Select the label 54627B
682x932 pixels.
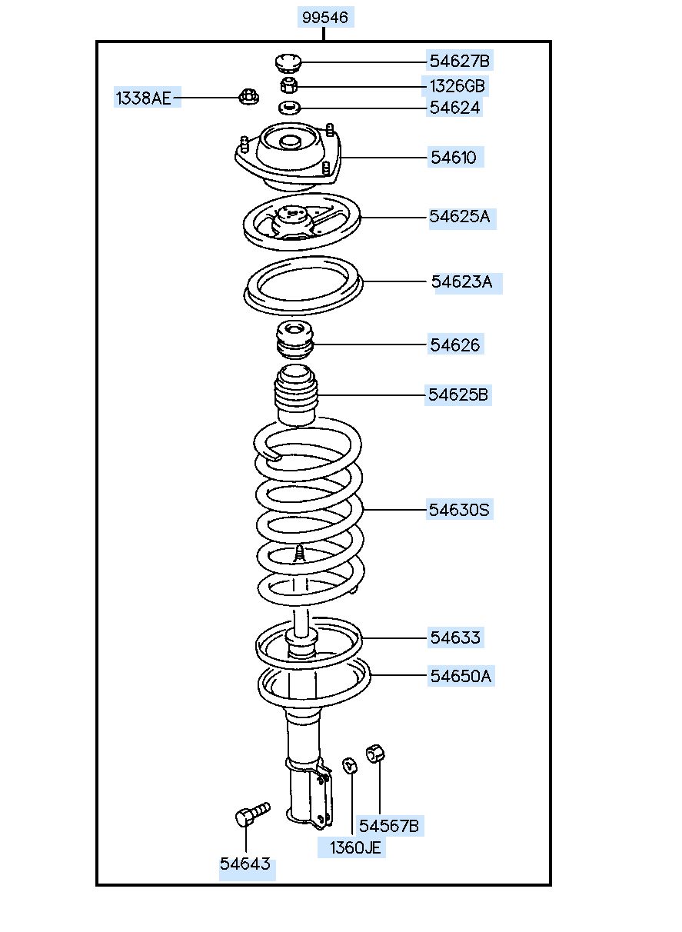[x=459, y=60]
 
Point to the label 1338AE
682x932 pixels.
[x=144, y=98]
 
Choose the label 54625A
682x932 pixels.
[x=459, y=217]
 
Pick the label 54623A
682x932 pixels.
[x=461, y=281]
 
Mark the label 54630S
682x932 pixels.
[x=459, y=509]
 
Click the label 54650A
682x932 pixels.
[x=460, y=676]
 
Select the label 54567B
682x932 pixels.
[x=390, y=826]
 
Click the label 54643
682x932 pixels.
[x=245, y=864]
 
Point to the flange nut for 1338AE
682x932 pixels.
[x=248, y=97]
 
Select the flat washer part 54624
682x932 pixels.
[x=288, y=107]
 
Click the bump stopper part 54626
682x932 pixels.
[x=294, y=341]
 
